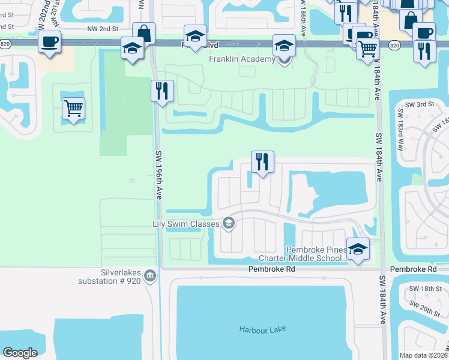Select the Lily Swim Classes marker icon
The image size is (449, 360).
click(228, 224)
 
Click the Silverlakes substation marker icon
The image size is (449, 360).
click(149, 275)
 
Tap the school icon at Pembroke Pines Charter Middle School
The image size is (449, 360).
click(358, 250)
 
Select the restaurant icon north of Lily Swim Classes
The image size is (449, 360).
click(262, 162)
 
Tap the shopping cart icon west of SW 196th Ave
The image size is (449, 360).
click(73, 109)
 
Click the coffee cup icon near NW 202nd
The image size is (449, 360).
click(49, 43)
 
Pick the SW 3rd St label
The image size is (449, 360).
click(419, 104)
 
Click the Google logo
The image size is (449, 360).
click(20, 353)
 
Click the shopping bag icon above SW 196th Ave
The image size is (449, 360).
click(143, 34)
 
